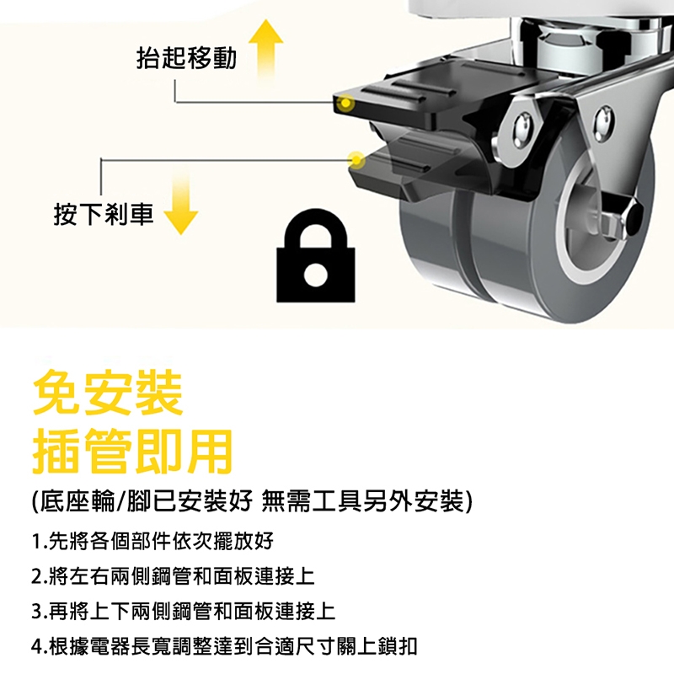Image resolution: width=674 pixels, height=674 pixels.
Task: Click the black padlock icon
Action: click(x=316, y=258)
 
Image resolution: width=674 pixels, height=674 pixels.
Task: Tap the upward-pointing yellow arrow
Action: click(x=266, y=50)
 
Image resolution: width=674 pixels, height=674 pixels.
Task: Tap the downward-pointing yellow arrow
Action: click(x=181, y=202)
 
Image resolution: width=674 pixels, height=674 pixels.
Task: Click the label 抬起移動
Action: click(x=186, y=58)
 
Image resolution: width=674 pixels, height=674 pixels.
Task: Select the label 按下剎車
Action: click(x=104, y=214)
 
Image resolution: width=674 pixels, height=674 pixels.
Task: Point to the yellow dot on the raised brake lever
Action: click(x=345, y=103)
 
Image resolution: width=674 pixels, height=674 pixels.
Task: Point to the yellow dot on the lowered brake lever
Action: click(x=356, y=160)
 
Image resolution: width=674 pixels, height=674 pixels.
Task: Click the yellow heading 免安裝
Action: click(x=108, y=393)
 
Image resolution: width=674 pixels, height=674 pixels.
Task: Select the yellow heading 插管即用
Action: click(x=133, y=452)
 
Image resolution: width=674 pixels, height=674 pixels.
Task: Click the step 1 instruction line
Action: click(x=152, y=541)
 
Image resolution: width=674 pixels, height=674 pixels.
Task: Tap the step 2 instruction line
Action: click(x=174, y=576)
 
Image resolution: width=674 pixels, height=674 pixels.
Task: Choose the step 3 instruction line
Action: click(x=184, y=611)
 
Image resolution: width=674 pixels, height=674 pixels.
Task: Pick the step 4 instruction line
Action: click(x=224, y=646)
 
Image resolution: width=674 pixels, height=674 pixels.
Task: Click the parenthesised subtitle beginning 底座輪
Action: click(x=252, y=501)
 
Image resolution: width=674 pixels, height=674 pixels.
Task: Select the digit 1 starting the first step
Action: click(x=36, y=541)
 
